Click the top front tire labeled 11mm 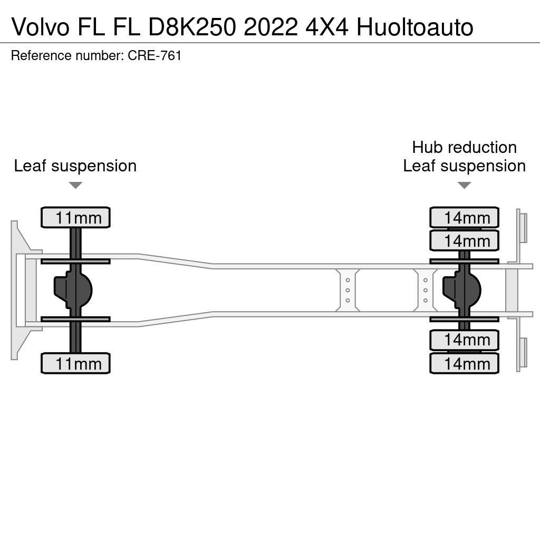tap(75, 217)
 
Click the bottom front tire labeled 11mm tap(75, 363)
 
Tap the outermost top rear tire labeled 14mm tap(464, 217)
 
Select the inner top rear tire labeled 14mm tap(464, 240)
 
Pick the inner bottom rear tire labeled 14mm tap(464, 340)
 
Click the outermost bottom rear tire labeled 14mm tap(464, 363)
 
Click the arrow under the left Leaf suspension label tap(75, 185)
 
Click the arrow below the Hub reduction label tap(464, 185)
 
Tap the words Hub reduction tap(464, 147)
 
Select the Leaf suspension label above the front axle tap(75, 166)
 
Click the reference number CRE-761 tap(155, 55)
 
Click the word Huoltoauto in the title tap(414, 27)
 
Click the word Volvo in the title tap(40, 27)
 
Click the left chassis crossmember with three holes tap(348, 290)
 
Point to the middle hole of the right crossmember tap(426, 290)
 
